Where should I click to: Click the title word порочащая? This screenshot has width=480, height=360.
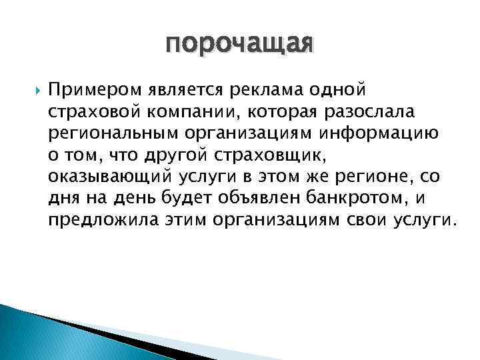tap(239, 45)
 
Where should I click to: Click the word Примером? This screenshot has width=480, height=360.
tap(89, 89)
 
